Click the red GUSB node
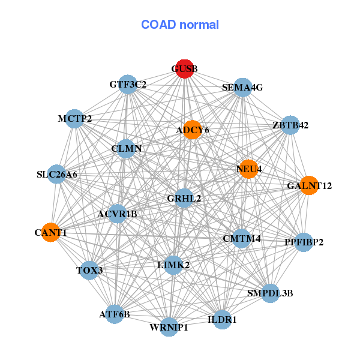184,69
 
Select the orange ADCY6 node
192,130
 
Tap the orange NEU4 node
247,169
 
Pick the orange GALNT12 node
308,185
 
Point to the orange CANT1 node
50,232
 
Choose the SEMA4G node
242,88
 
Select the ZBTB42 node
290,125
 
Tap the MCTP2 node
74,119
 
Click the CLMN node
126,148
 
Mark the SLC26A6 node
57,175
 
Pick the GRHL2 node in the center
184,198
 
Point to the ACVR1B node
118,214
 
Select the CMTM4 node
241,238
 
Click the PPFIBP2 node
304,242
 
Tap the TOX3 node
89,270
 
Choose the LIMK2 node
173,265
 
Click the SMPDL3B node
270,293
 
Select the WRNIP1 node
169,327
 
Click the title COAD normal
180,25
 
